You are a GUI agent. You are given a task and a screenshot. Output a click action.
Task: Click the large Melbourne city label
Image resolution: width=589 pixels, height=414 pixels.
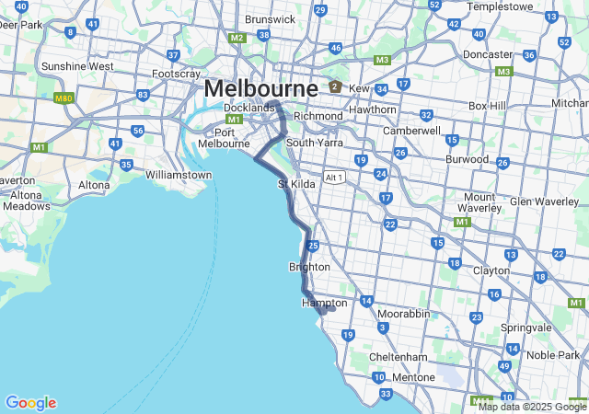260,89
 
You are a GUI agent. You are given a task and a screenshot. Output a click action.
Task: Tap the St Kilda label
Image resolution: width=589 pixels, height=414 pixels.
297,185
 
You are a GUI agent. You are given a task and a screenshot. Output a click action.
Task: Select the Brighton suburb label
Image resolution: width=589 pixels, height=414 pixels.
309,267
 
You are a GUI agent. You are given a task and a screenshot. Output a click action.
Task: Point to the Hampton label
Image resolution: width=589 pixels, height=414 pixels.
325,303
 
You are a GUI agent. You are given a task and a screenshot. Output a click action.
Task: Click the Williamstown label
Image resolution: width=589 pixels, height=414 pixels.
179,174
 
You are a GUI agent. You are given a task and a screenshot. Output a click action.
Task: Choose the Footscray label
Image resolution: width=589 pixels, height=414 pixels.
176,73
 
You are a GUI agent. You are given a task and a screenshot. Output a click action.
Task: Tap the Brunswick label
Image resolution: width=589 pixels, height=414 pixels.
271,18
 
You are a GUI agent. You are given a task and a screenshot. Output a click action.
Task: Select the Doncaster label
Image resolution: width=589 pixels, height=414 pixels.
487,54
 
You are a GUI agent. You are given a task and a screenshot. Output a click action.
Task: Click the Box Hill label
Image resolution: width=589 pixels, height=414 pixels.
488,106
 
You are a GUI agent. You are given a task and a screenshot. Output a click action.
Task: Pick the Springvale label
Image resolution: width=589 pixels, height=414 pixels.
525,327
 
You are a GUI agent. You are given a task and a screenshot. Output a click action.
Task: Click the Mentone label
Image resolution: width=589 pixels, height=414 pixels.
412,377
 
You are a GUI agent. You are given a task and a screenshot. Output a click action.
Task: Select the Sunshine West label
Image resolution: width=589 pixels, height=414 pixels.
77,66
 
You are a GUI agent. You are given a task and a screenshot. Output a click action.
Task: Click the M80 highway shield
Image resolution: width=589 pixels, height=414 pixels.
64,98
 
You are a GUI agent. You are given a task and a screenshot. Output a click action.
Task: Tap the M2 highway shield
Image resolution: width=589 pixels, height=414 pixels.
237,38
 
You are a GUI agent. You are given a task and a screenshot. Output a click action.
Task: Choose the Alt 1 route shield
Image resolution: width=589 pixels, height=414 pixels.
334,177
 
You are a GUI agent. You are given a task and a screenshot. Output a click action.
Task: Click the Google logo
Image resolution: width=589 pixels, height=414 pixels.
30,403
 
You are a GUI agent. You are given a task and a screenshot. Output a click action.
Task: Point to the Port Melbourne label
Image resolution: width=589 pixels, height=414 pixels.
225,137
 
